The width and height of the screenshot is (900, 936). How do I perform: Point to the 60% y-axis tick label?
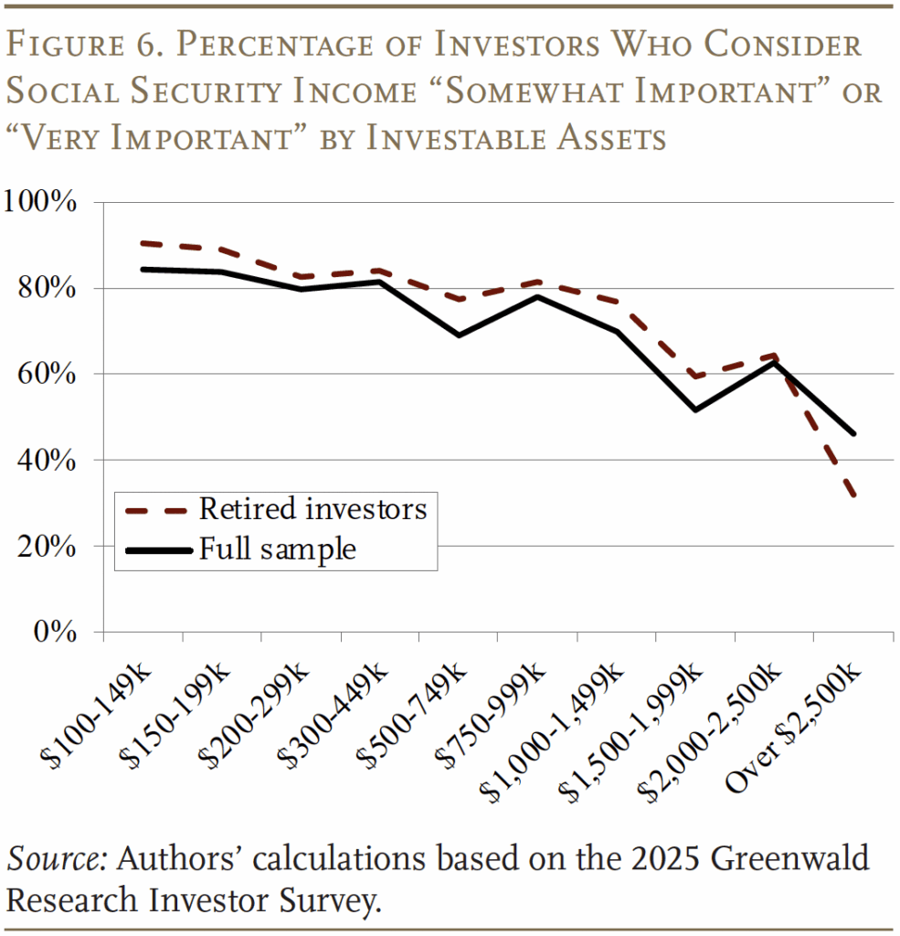click(x=47, y=374)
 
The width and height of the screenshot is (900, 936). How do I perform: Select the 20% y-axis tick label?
click(x=47, y=547)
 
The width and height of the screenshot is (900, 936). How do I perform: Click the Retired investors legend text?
click(x=312, y=508)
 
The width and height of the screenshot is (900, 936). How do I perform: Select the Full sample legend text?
click(x=277, y=549)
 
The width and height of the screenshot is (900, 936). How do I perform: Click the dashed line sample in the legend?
click(x=155, y=509)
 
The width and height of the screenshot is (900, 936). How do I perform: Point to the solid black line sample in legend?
click(x=155, y=550)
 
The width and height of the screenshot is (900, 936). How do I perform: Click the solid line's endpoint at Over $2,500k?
click(x=854, y=433)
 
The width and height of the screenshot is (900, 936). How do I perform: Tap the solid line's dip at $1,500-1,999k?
click(x=696, y=409)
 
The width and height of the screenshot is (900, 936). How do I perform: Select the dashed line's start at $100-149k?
click(x=143, y=243)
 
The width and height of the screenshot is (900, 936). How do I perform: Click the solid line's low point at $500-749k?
click(x=457, y=335)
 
